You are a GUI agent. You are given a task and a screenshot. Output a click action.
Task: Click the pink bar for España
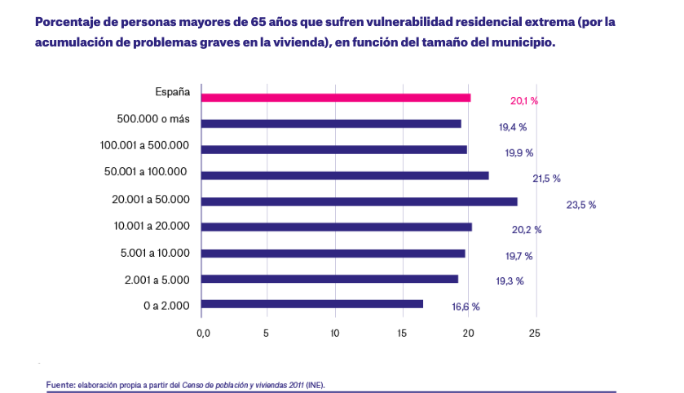335,98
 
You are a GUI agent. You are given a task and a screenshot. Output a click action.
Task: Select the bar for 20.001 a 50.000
359,201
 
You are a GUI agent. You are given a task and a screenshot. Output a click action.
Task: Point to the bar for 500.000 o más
330,124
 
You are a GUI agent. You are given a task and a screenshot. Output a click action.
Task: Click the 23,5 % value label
580,205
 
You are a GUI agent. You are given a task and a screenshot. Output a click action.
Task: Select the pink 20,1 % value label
524,101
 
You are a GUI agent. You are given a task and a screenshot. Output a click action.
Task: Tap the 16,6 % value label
466,307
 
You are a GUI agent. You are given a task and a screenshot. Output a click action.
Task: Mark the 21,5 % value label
546,179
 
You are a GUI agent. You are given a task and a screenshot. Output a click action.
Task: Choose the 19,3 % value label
510,281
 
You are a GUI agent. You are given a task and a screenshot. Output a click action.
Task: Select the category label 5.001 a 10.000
154,253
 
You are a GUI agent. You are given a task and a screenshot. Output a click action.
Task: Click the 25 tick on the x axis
534,333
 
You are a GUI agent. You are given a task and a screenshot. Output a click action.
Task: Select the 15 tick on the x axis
401,333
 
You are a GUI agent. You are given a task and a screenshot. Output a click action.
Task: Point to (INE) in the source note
315,382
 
